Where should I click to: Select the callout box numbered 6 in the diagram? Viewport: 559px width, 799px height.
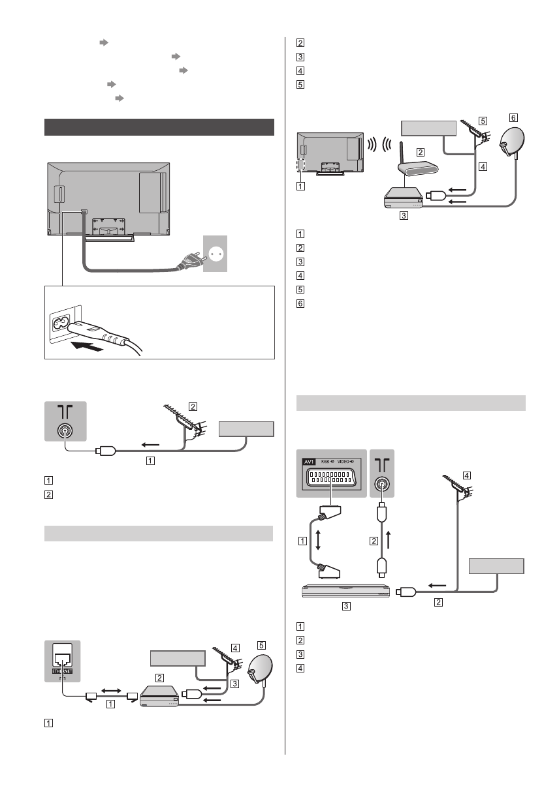(x=513, y=117)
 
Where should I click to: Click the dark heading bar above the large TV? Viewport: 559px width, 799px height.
(x=159, y=127)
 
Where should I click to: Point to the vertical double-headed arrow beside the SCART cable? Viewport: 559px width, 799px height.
(x=317, y=539)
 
